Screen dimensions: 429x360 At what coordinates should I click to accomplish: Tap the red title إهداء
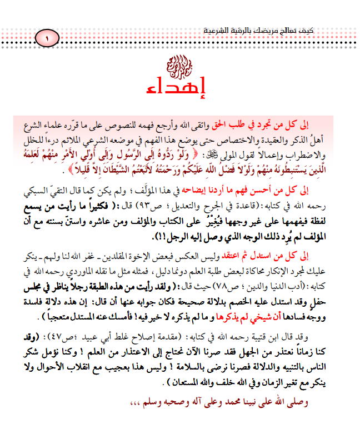(x=179, y=87)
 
